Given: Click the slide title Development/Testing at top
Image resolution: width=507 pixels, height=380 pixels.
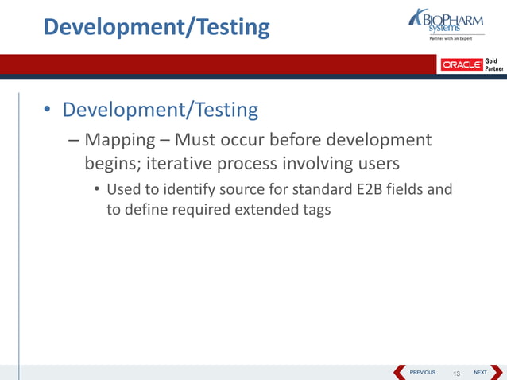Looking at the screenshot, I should coord(157,27).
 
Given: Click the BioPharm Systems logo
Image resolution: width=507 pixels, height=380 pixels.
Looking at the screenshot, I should coord(448,23).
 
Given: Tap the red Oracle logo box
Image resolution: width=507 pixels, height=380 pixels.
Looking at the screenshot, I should coord(461,64).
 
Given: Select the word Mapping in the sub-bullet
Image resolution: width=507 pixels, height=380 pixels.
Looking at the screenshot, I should coord(120,141).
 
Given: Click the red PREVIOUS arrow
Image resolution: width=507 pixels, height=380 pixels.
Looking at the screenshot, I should coord(400,372).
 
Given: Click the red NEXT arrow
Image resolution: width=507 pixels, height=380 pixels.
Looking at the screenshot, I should coord(497,372).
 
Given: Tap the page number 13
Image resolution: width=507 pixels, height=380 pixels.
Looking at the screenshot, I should coord(456,373).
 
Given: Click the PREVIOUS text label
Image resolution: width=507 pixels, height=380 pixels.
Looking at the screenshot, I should coord(422,372).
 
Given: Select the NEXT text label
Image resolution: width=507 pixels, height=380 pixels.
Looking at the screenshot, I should coord(480,372).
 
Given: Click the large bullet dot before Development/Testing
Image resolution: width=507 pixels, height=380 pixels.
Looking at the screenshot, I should coord(47,111).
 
